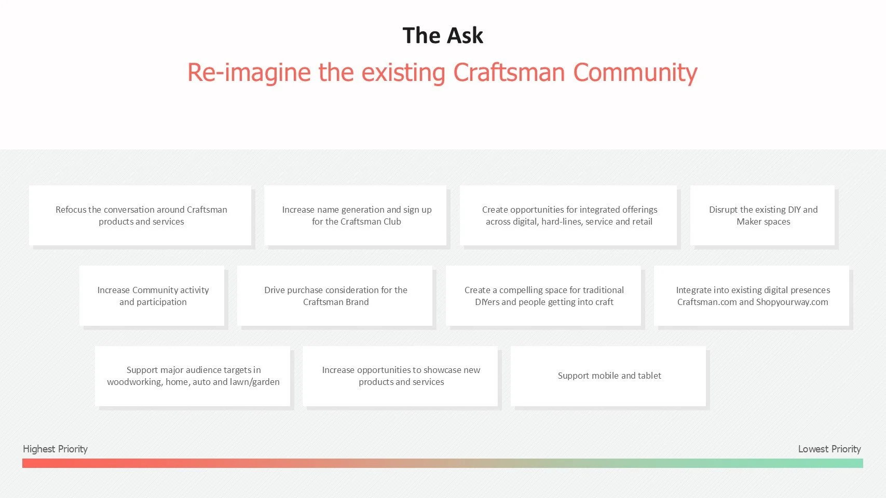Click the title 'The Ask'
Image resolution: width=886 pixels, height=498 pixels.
pyautogui.click(x=443, y=36)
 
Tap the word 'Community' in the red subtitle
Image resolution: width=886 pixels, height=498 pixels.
pyautogui.click(x=635, y=73)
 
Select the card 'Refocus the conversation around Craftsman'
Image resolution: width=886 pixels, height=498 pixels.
pyautogui.click(x=140, y=215)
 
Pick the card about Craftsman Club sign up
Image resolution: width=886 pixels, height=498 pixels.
pyautogui.click(x=356, y=215)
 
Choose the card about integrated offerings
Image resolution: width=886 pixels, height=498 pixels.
pyautogui.click(x=568, y=215)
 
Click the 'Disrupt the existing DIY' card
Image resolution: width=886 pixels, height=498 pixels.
pyautogui.click(x=762, y=215)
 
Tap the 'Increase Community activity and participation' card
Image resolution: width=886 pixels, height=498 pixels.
pyautogui.click(x=152, y=296)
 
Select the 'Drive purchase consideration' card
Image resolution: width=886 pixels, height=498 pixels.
pyautogui.click(x=335, y=296)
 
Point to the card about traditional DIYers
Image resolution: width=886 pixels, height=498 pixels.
pyautogui.click(x=543, y=296)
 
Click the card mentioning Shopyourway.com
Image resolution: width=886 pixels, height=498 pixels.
pyautogui.click(x=752, y=296)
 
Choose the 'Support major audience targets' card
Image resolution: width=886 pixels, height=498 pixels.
pyautogui.click(x=193, y=376)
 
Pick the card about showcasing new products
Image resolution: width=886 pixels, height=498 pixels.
pyautogui.click(x=400, y=376)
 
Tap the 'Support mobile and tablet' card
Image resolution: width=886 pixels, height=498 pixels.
pyautogui.click(x=608, y=376)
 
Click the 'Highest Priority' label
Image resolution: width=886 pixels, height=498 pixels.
pyautogui.click(x=55, y=449)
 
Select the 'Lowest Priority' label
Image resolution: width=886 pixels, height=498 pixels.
pyautogui.click(x=829, y=449)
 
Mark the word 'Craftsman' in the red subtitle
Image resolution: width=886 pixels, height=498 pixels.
pyautogui.click(x=509, y=73)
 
